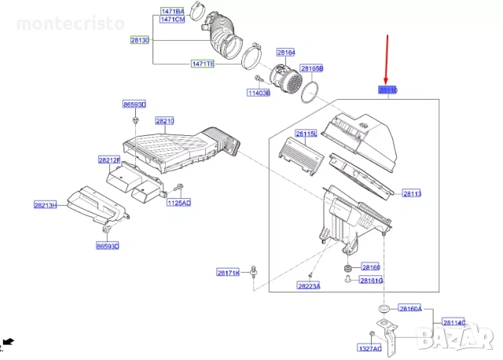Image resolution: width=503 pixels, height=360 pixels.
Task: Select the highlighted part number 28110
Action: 388,91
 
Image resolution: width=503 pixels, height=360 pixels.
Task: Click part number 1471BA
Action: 172,11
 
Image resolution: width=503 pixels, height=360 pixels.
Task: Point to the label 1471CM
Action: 172,20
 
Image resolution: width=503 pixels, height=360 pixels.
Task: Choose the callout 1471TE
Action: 202,64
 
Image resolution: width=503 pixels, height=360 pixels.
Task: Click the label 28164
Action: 285,53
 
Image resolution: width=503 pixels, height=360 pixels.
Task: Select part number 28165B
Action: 311,69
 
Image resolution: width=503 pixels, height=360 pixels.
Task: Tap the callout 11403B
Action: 259,93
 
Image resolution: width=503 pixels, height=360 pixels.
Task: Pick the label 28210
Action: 164,121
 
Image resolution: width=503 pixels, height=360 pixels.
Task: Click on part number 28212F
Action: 108,160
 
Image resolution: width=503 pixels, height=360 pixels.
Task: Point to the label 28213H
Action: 45,205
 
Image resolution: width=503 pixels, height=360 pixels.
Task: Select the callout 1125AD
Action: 178,202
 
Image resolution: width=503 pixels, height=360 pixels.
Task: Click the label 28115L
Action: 306,134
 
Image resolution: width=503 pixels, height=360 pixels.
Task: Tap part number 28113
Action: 412,193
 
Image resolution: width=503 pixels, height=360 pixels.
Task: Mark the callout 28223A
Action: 308,286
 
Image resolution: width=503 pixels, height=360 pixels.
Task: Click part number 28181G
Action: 371,281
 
